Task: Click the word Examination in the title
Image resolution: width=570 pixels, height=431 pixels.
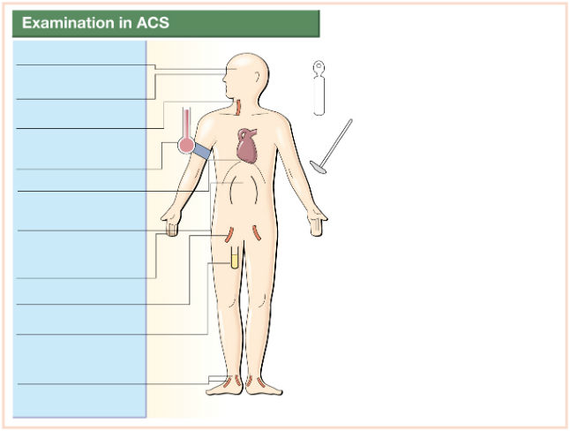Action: coord(68,23)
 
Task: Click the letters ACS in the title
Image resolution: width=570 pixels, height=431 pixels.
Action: coord(153,23)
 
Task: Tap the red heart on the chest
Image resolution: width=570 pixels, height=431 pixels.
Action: coord(247,146)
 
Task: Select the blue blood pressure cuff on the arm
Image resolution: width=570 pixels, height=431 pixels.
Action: coord(201,151)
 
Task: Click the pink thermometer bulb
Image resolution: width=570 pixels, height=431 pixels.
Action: coord(186,145)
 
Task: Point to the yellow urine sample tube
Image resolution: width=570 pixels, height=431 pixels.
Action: coord(235,258)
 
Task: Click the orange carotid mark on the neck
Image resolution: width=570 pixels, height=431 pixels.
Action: coord(238,108)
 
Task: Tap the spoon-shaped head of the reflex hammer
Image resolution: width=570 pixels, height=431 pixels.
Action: coord(318,167)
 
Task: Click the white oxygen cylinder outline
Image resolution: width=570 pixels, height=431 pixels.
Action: coord(319,87)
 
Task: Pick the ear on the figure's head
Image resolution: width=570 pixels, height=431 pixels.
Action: coord(258,77)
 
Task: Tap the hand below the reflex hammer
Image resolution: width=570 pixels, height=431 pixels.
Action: coord(318,222)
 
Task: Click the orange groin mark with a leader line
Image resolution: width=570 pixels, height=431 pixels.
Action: coord(229,234)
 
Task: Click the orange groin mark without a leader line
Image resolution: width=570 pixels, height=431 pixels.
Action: coord(257,233)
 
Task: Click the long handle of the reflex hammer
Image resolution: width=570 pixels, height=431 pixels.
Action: coord(337,141)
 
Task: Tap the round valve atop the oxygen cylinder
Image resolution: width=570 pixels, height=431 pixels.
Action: coord(319,66)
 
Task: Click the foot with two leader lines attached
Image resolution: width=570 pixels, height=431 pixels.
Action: coord(225,385)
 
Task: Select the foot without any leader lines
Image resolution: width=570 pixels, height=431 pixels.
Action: coord(263,386)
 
